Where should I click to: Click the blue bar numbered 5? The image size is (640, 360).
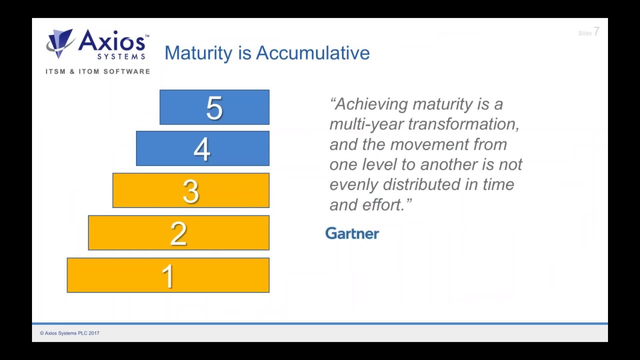pyautogui.click(x=214, y=107)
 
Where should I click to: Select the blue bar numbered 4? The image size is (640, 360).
pyautogui.click(x=202, y=148)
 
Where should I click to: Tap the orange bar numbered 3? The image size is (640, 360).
pyautogui.click(x=190, y=190)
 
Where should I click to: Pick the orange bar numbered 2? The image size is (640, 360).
pyautogui.click(x=178, y=233)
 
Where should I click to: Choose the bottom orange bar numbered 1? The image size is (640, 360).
pyautogui.click(x=168, y=275)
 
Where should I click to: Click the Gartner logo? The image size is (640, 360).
pyautogui.click(x=352, y=233)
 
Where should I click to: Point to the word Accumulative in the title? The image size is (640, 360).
pyautogui.click(x=312, y=53)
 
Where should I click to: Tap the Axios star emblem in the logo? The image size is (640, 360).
pyautogui.click(x=60, y=43)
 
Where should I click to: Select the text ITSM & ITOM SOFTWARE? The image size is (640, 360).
pyautogui.click(x=98, y=71)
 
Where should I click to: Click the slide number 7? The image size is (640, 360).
pyautogui.click(x=596, y=32)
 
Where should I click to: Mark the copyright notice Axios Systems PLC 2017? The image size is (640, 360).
pyautogui.click(x=70, y=333)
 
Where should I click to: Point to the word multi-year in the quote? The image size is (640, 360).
pyautogui.click(x=366, y=124)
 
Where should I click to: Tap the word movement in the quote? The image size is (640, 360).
pyautogui.click(x=423, y=144)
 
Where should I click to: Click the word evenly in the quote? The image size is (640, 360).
pyautogui.click(x=353, y=184)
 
